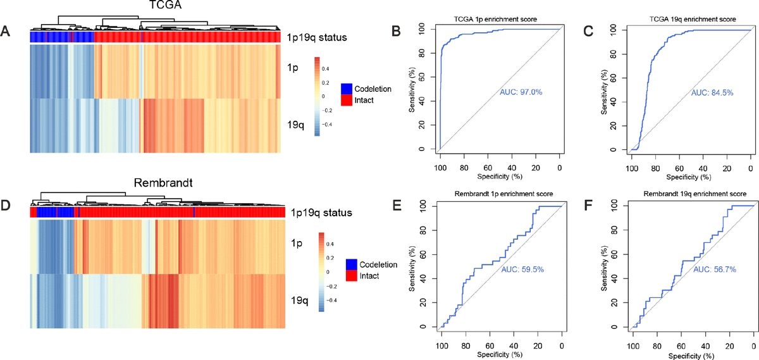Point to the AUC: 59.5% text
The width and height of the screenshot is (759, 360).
pos(523,270)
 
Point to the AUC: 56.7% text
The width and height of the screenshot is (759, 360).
pos(714,270)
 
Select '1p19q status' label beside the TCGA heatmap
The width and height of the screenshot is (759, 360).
pos(320,37)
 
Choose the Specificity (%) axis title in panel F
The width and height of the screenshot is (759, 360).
pos(691,356)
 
